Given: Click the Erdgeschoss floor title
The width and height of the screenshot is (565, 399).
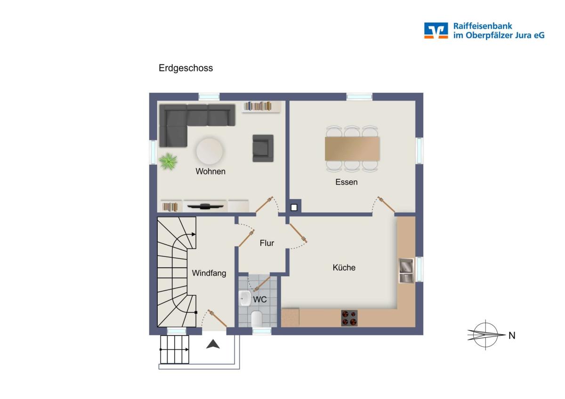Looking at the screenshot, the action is (186, 68).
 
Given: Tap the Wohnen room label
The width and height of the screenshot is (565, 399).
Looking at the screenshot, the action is (210, 171).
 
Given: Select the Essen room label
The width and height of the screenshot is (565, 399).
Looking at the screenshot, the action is (347, 182).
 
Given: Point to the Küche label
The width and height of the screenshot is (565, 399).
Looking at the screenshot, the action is (344, 267).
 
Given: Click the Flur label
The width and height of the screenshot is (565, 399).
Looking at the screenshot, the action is (267, 243).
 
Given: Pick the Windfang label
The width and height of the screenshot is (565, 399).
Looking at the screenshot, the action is (209, 273).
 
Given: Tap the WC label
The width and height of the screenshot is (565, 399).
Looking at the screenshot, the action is (260, 299).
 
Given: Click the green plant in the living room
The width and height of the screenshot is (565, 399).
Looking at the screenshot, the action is (168, 161).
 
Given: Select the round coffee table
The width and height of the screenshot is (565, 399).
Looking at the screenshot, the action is (210, 151).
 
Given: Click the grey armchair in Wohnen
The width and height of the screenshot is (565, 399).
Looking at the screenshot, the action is (263, 148).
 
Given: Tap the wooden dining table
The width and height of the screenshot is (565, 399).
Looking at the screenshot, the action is (352, 149).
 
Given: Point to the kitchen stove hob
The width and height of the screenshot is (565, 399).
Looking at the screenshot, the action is (349, 318).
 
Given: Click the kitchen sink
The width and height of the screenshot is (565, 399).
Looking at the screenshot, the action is (406, 271).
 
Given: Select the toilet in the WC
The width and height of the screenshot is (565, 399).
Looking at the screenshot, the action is (257, 319).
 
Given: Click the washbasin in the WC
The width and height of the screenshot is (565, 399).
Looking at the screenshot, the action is (244, 298).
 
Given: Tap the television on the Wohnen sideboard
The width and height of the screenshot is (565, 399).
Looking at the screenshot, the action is (205, 207).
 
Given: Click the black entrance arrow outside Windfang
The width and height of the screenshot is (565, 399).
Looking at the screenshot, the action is (213, 344).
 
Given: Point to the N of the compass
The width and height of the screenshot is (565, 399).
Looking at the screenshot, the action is (512, 335).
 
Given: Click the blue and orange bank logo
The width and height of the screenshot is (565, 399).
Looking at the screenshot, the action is (436, 31).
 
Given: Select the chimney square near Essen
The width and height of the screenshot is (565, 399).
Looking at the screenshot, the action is (294, 207).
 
